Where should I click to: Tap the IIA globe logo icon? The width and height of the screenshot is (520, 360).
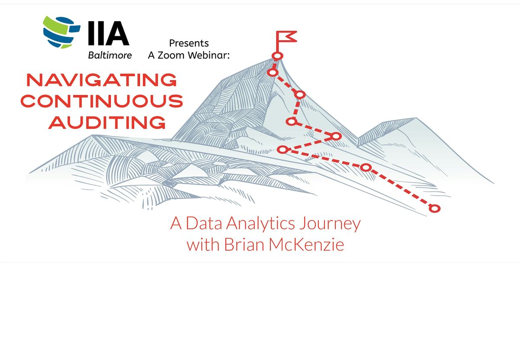coord(62,32)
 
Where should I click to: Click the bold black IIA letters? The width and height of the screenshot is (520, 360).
coord(109,33)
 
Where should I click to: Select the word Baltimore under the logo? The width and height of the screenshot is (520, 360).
coord(110,55)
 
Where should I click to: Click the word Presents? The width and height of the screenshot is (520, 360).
coord(189,43)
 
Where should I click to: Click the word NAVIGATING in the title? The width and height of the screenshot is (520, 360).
coord(102,80)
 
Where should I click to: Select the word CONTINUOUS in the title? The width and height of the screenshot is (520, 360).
coord(102,101)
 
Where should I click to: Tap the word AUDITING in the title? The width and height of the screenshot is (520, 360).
coord(107,122)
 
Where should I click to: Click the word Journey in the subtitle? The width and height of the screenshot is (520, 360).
coord(330,224)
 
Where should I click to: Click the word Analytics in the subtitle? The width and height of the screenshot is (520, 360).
coord(260,223)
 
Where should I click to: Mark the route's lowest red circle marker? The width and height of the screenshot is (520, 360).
coord(434,208)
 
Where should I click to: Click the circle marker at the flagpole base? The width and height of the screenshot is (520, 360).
coord(277,56)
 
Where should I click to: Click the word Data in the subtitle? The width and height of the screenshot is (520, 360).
coord(204,223)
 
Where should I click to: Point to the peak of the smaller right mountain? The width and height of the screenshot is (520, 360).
coord(416,118)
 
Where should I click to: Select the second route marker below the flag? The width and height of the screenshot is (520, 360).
coord(299,94)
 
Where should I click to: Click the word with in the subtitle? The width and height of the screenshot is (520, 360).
coord(203,245)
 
